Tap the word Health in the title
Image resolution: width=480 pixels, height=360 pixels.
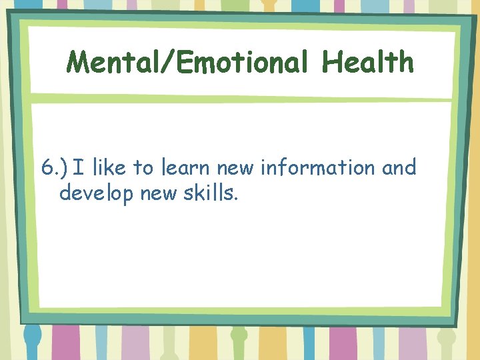point(367,63)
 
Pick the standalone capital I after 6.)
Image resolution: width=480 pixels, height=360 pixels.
point(78,168)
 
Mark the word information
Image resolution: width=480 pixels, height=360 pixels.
point(318,168)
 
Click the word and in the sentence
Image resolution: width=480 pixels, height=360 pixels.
point(399,168)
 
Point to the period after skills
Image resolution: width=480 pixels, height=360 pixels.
point(235,199)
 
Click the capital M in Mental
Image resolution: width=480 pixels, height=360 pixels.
point(78,63)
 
